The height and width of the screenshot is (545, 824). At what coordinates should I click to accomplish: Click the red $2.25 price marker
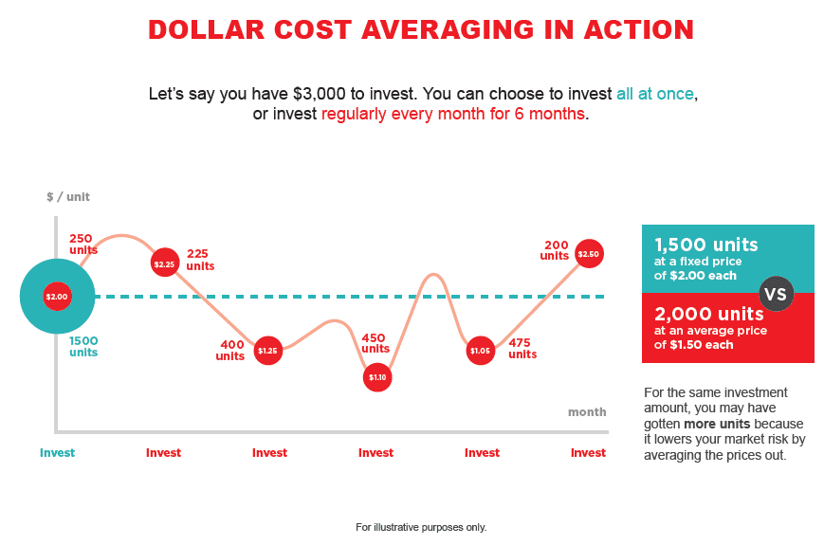[x=164, y=263]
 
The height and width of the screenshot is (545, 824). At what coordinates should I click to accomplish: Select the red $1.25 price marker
[x=268, y=351]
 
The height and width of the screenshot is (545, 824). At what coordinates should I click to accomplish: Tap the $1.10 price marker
[x=377, y=377]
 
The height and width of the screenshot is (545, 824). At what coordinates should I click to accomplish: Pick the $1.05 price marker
[x=481, y=351]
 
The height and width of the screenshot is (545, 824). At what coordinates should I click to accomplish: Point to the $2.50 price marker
[x=589, y=254]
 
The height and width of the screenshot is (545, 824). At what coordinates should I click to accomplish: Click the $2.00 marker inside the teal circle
[x=57, y=297]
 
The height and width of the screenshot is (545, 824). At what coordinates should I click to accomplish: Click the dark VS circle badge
[x=776, y=294]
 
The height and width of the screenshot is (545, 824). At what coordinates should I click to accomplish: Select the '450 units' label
[x=375, y=343]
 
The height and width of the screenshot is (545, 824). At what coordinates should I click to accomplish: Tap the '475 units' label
[x=522, y=349]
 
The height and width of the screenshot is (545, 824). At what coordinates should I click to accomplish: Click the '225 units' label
[x=200, y=260]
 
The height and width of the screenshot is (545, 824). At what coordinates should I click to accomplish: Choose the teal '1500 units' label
[x=83, y=346]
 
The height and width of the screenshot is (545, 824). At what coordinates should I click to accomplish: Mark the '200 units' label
[x=555, y=250]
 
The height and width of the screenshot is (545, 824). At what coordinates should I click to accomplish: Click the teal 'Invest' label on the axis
[x=57, y=453]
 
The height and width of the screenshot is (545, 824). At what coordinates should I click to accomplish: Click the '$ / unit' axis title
[x=68, y=197]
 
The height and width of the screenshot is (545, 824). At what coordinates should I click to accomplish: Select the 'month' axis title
[x=586, y=412]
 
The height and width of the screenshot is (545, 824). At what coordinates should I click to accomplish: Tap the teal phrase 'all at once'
[x=655, y=95]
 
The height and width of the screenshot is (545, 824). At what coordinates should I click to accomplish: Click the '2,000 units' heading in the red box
[x=708, y=314]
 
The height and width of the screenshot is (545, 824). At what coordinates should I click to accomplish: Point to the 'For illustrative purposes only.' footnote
[x=421, y=527]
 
